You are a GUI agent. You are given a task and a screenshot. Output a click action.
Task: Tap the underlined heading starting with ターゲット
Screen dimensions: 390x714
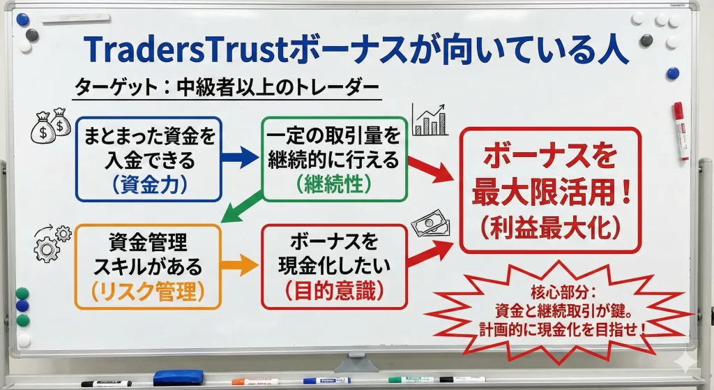point(227,89)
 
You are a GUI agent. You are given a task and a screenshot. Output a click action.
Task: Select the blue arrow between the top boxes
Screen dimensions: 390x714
point(241,157)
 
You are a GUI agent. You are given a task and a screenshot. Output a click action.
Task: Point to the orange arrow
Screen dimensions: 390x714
point(241,264)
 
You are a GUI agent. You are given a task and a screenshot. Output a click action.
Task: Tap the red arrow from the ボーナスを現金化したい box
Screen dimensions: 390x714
point(429,252)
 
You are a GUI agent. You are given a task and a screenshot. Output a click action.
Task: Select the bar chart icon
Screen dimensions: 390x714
point(430,120)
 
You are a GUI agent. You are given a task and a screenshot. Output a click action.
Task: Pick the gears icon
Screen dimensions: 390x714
point(51,241)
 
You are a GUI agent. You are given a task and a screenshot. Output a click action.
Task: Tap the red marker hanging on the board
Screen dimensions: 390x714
point(681,130)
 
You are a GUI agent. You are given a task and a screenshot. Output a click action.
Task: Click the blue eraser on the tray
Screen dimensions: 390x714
point(178,377)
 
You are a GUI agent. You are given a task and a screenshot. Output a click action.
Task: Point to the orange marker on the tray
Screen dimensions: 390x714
point(255,382)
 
